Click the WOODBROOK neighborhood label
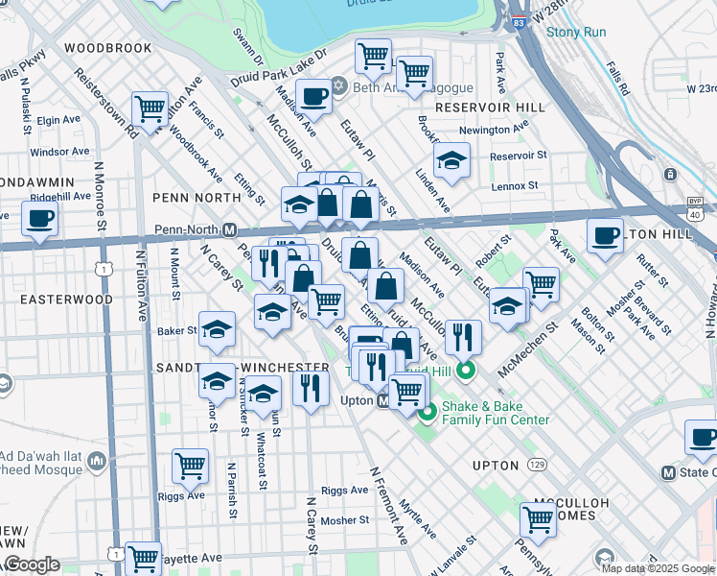[x=108, y=47]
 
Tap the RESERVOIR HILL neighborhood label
[x=490, y=108]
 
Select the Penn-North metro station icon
[x=229, y=230]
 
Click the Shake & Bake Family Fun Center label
[x=495, y=413]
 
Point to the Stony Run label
[x=575, y=32]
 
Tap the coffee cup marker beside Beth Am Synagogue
[x=313, y=96]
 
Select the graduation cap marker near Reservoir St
[x=451, y=159]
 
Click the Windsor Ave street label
[x=59, y=152]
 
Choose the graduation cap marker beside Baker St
[x=217, y=329]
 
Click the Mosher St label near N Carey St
[x=344, y=520]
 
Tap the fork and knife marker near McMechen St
[x=462, y=336]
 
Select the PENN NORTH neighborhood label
[x=197, y=197]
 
